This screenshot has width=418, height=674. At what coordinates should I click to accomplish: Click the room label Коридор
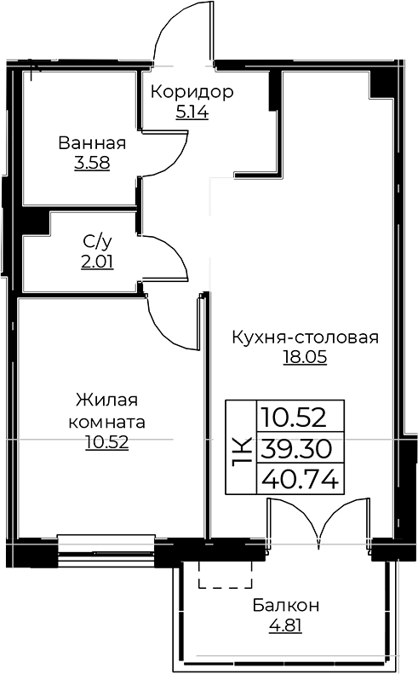pyautogui.click(x=192, y=91)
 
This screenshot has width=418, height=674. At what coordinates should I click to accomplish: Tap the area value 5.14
pyautogui.click(x=192, y=112)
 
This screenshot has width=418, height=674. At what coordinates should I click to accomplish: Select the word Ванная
pyautogui.click(x=92, y=142)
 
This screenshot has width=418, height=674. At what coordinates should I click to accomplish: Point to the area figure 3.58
pyautogui.click(x=92, y=163)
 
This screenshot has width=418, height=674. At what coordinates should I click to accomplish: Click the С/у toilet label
pyautogui.click(x=97, y=242)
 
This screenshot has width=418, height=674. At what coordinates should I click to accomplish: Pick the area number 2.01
pyautogui.click(x=97, y=262)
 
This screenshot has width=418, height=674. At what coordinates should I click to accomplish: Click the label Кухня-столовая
pyautogui.click(x=306, y=337)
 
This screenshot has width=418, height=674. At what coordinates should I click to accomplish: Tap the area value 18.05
pyautogui.click(x=305, y=357)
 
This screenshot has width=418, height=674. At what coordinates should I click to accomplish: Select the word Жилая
pyautogui.click(x=107, y=400)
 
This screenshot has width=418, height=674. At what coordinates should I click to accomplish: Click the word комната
pyautogui.click(x=107, y=422)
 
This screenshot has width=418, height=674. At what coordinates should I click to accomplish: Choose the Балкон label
pyautogui.click(x=286, y=606)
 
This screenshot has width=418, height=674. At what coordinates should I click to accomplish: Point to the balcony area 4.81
pyautogui.click(x=286, y=625)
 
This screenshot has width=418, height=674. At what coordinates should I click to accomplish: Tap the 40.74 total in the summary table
pyautogui.click(x=300, y=479)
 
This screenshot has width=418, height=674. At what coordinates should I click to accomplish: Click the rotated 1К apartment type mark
pyautogui.click(x=242, y=452)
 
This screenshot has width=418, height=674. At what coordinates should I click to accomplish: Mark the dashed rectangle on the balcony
pyautogui.click(x=225, y=574)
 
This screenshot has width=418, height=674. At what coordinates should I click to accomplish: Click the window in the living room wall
pyautogui.click(x=106, y=550)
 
